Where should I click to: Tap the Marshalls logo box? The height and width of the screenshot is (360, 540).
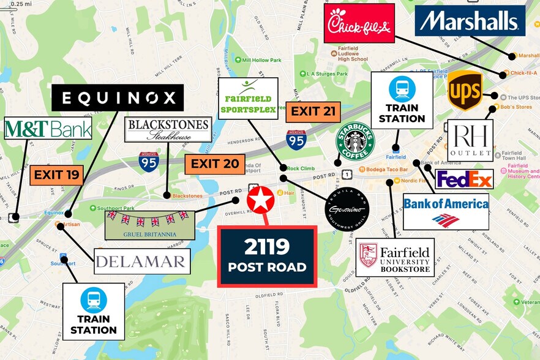click(x=470, y=21)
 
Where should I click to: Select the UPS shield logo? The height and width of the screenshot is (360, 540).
click(x=465, y=91)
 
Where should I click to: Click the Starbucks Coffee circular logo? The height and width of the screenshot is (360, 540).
click(x=354, y=141)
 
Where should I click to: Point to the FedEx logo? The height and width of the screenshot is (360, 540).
click(x=463, y=179)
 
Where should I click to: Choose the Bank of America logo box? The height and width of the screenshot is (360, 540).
click(x=446, y=211)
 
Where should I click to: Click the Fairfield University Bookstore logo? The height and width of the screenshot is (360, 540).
click(x=395, y=257)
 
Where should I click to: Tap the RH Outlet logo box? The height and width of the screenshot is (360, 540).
click(x=470, y=140)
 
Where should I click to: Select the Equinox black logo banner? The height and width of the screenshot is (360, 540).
click(x=118, y=98)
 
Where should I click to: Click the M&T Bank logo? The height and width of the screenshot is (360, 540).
click(x=48, y=129)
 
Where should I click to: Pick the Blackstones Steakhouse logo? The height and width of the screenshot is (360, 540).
click(x=168, y=130)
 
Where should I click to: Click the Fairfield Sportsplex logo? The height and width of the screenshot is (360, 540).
click(x=248, y=98)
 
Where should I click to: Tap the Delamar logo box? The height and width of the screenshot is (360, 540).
click(x=142, y=261)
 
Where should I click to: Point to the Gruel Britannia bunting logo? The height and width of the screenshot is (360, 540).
click(x=149, y=225)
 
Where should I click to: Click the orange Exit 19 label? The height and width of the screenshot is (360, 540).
click(x=56, y=175)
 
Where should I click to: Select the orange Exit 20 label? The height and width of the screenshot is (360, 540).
click(x=214, y=164)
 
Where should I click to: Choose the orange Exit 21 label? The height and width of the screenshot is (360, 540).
click(x=313, y=111)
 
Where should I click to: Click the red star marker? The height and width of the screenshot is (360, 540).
click(x=260, y=200)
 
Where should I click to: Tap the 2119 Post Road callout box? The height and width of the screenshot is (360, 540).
click(x=267, y=256)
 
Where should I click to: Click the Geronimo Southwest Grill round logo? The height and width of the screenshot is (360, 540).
click(x=347, y=208)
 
